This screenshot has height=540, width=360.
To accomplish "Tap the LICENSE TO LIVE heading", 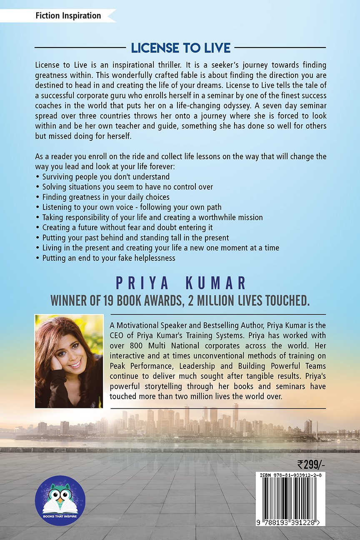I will tap(180, 48).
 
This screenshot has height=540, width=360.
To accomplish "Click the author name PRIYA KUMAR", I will tap(180, 283).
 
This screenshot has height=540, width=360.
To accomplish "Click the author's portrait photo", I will tap(69, 361).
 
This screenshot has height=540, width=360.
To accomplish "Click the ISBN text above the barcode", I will tap(292, 475).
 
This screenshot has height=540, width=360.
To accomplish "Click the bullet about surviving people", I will tap(106, 176).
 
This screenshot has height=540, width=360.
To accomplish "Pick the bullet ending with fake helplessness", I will tap(109, 258).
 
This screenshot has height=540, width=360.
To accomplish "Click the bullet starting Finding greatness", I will tap(106, 197).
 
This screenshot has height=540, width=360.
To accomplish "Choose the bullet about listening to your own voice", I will tap(132, 207).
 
